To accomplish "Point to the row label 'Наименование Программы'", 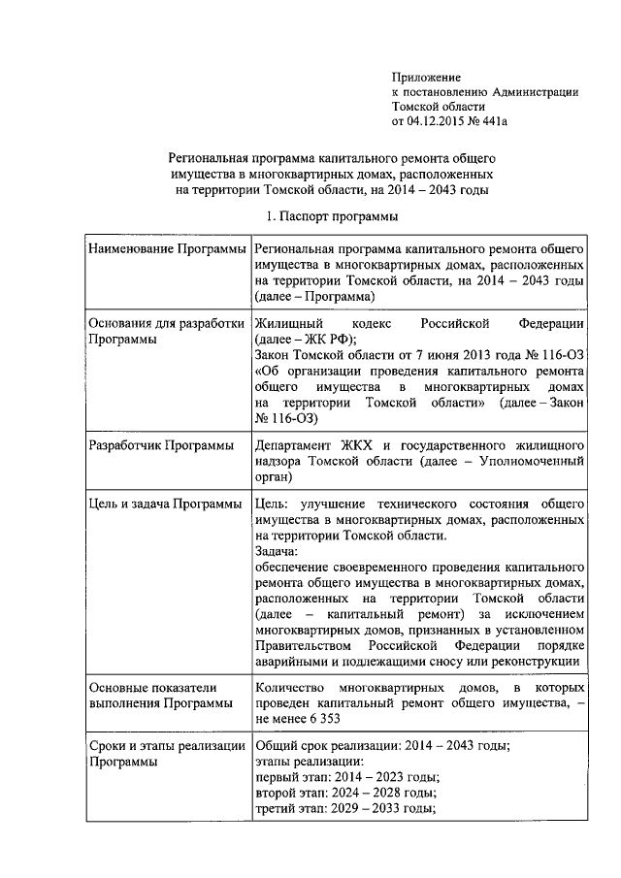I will point(166,249).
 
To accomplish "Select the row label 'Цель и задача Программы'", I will point(165,504).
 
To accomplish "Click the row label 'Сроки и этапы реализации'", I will point(166,746).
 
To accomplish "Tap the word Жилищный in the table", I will point(288,323).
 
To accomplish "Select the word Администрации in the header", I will point(535,92).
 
